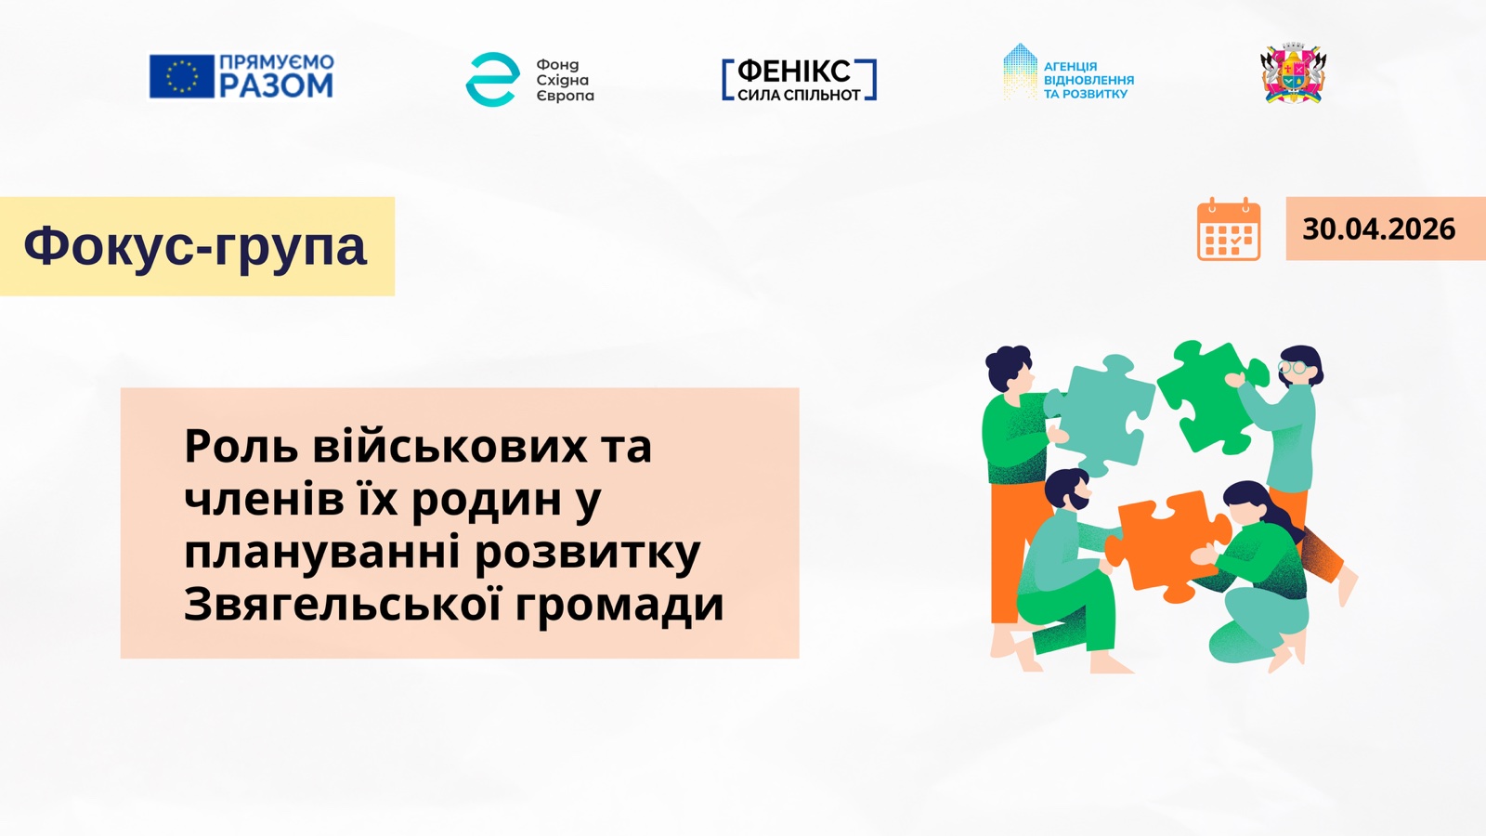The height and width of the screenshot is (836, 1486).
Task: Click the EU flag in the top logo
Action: tap(182, 76)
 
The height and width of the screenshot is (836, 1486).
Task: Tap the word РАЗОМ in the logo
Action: tap(276, 85)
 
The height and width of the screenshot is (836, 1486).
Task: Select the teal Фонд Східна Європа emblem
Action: tap(491, 80)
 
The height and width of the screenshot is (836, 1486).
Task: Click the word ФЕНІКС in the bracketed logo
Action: tap(794, 72)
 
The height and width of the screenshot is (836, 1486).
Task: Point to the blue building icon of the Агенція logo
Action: tap(1020, 71)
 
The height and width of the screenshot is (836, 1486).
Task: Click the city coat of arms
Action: tap(1293, 72)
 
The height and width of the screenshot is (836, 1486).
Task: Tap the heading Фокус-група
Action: tap(195, 246)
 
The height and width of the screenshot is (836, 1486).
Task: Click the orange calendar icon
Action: tap(1228, 229)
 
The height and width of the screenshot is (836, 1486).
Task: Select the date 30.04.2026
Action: tap(1378, 229)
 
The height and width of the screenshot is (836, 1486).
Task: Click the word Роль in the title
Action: tap(241, 447)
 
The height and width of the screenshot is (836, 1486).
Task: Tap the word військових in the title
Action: tap(450, 447)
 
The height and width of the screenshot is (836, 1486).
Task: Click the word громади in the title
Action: tap(619, 605)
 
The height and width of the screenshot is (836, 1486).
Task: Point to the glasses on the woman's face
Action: tap(1293, 368)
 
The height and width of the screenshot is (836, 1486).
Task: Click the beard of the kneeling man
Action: tap(1077, 501)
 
